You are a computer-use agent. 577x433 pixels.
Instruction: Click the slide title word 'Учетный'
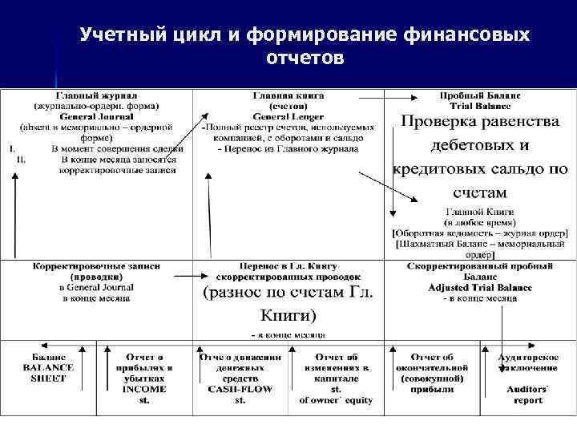pyautogui.click(x=122, y=35)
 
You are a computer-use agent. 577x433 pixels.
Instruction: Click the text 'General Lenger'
pyautogui.click(x=288, y=116)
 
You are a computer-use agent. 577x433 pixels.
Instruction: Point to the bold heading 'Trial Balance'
pyautogui.click(x=480, y=107)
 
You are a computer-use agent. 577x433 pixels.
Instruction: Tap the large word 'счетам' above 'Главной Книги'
pyautogui.click(x=479, y=192)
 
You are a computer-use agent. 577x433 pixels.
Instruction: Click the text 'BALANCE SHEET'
pyautogui.click(x=48, y=373)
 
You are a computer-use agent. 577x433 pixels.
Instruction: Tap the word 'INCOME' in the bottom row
pyautogui.click(x=144, y=389)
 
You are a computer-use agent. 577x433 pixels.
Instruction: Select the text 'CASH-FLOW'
pyautogui.click(x=240, y=389)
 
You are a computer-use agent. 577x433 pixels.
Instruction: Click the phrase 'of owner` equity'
pyautogui.click(x=336, y=400)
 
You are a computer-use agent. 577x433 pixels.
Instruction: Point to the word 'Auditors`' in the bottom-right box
pyautogui.click(x=528, y=389)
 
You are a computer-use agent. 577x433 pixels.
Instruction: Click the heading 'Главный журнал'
pyautogui.click(x=96, y=94)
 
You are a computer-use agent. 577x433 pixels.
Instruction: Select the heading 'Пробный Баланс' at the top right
pyautogui.click(x=480, y=95)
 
